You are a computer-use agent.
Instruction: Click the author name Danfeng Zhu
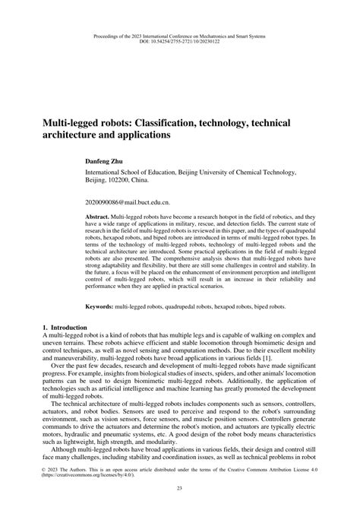[109, 163]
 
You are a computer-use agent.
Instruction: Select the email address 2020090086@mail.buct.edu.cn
[128, 204]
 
